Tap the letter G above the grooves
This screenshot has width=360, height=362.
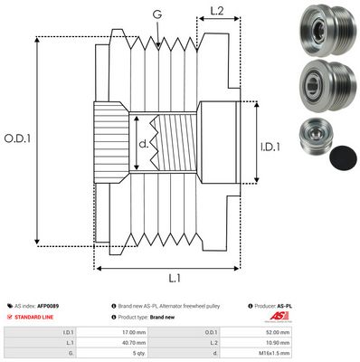pyautogui.click(x=158, y=14)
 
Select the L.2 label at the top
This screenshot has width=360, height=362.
pyautogui.click(x=217, y=12)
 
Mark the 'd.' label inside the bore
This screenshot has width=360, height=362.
pyautogui.click(x=143, y=143)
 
